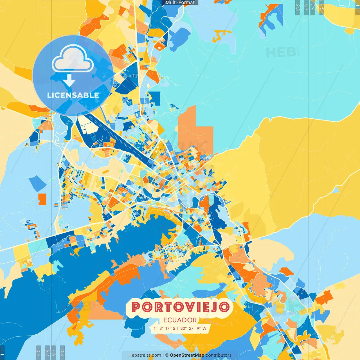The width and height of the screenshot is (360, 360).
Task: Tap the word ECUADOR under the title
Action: pyautogui.click(x=180, y=320)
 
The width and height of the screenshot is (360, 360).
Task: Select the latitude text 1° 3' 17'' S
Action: pyautogui.click(x=165, y=328)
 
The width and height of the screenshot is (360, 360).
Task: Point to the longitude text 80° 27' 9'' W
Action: pyautogui.click(x=193, y=328)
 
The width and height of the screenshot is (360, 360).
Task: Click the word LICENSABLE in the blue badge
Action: pyautogui.click(x=73, y=95)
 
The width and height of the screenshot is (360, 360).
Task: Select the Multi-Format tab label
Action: pyautogui.click(x=180, y=3)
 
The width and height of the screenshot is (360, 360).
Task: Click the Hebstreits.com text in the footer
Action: pyautogui.click(x=145, y=355)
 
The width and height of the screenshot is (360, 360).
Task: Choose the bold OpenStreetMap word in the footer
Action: pyautogui.click(x=187, y=355)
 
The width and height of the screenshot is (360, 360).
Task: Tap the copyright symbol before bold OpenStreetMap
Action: pyautogui.click(x=166, y=355)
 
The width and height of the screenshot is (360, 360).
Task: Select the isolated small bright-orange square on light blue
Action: pyautogui.click(x=42, y=199)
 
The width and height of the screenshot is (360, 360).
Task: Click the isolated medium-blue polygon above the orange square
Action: pyautogui.click(x=37, y=183)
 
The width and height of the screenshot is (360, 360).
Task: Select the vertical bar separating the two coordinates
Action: pyautogui.click(x=177, y=328)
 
